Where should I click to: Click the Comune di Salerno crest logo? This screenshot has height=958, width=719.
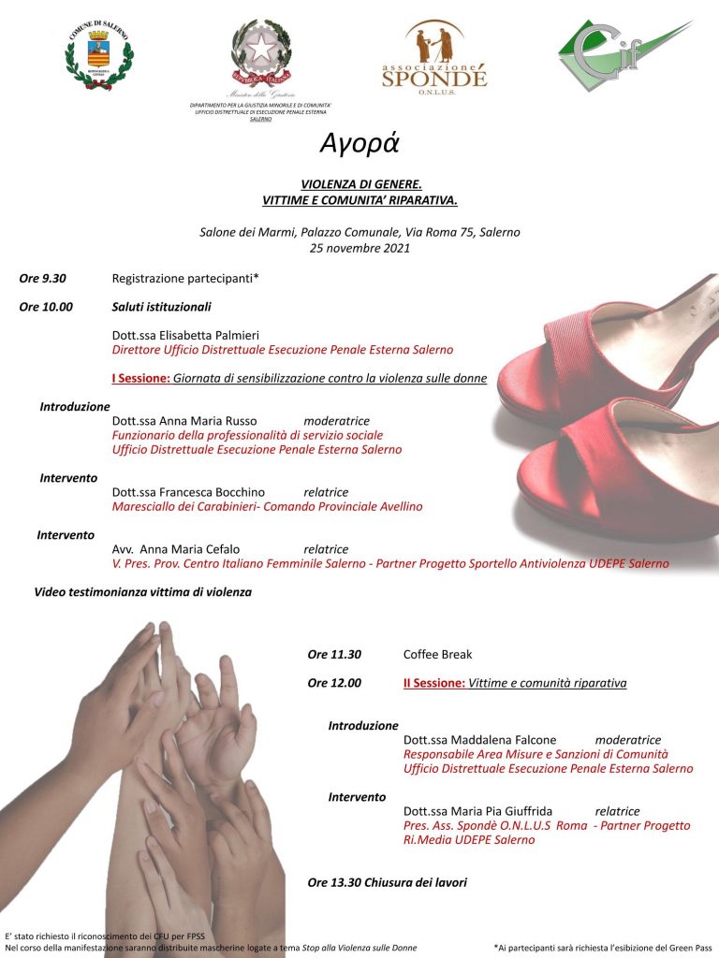coord(99,52)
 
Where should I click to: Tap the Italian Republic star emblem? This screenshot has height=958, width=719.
coord(261,50)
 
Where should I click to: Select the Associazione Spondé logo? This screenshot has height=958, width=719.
coord(433,55)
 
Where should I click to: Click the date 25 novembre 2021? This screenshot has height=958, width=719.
coord(359,248)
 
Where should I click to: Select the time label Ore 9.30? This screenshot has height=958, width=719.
coord(43,278)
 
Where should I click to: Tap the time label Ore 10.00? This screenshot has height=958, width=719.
coord(46,306)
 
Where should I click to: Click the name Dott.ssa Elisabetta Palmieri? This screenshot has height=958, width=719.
coord(185,335)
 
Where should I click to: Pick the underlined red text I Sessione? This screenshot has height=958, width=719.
coord(140,378)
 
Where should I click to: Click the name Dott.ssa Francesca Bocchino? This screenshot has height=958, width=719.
coord(188,492)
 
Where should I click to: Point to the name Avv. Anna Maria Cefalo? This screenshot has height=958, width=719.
coord(176,549)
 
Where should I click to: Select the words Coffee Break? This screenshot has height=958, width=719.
coord(437,654)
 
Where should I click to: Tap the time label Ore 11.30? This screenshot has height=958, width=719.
coord(334,654)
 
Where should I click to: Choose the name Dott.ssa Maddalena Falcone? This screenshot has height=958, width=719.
coord(479,740)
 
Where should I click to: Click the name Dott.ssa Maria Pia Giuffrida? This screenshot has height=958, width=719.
coord(477,811)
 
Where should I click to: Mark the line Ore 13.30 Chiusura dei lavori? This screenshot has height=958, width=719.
coord(387,882)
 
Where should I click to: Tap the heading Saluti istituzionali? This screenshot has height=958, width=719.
coord(161,306)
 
